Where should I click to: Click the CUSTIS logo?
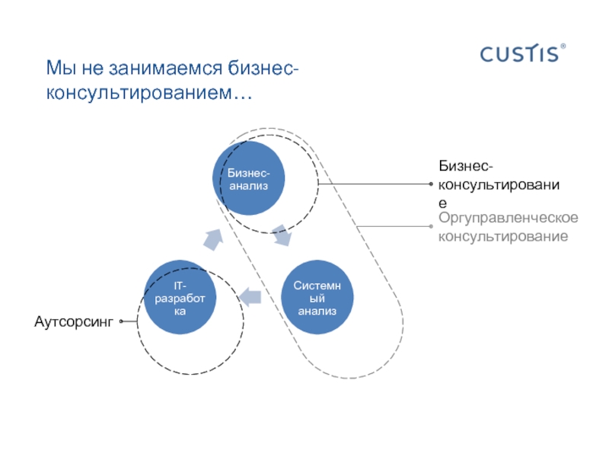point(519,54)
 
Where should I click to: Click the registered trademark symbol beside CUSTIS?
point(563,47)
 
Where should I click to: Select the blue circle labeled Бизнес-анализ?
point(248,180)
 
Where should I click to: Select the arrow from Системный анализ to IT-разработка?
point(249,296)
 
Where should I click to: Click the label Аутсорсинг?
point(73,323)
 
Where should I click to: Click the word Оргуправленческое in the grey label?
point(508,219)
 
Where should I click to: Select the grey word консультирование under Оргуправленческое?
point(502,237)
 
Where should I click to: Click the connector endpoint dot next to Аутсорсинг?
point(122,322)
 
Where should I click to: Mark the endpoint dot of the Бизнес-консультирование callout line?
point(432,184)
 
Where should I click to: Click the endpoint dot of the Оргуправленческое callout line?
point(432,226)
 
